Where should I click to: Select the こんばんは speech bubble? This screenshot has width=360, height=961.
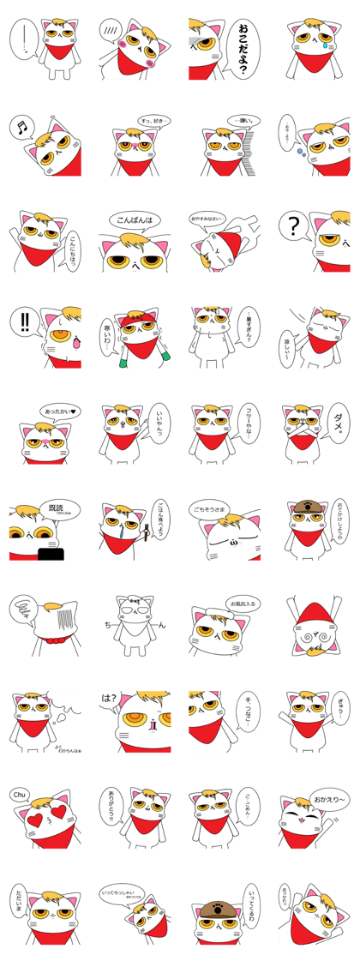click(x=134, y=221)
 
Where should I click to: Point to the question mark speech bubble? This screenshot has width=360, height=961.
click(x=295, y=227)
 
